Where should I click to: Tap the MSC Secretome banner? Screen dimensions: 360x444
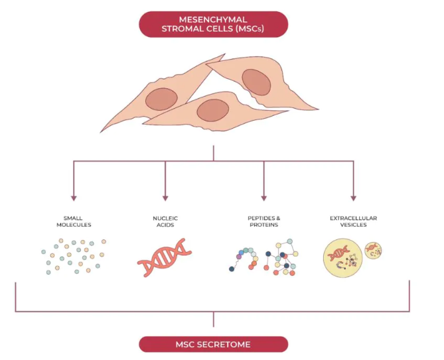coord(213,344)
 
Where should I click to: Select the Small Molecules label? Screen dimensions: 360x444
coord(74,221)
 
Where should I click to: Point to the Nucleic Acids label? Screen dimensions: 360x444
coord(165,221)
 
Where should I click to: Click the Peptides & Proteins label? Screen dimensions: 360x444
coord(264,221)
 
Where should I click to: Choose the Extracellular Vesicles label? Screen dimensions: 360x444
coord(352,221)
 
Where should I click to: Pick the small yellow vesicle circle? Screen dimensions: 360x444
coord(374,251)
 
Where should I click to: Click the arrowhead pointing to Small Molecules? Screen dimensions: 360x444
coord(74,196)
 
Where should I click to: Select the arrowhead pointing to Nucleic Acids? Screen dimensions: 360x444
coord(165,196)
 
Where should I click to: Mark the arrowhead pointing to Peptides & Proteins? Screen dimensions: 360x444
coord(264,196)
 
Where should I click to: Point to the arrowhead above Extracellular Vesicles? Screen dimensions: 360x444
coord(352,196)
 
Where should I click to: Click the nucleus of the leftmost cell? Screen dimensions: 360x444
coord(161,99)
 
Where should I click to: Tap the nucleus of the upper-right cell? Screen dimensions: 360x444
coord(256,82)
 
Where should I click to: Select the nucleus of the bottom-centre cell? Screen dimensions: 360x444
coord(212,110)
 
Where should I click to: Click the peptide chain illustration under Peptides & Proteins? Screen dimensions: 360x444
coord(263,260)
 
